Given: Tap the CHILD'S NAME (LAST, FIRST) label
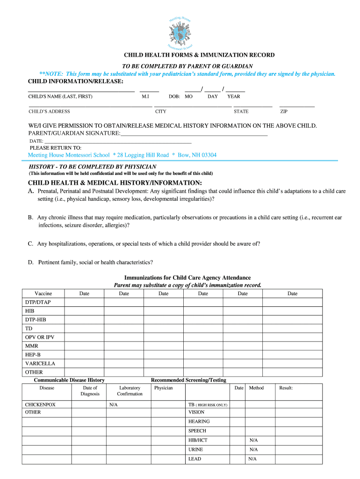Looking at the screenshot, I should [x=60, y=96].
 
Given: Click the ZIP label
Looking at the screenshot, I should [x=284, y=111].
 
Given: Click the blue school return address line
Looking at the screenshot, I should [x=122, y=155].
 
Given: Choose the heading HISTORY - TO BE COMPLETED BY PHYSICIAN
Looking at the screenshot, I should [x=93, y=167].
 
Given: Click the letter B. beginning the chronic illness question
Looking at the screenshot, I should [x=30, y=218].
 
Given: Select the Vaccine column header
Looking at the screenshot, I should [x=43, y=293].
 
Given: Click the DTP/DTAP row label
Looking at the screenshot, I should [x=38, y=302].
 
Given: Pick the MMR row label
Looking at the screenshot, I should [x=32, y=346].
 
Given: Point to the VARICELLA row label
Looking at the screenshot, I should [x=40, y=363].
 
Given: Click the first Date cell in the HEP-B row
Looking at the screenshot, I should [x=84, y=355].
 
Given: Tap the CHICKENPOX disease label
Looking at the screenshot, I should [x=40, y=404].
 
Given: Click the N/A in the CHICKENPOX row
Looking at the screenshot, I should [x=113, y=404].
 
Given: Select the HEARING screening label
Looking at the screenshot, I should [x=199, y=421].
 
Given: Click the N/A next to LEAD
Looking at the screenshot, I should [x=253, y=459].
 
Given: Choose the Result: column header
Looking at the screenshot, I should [x=286, y=388].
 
